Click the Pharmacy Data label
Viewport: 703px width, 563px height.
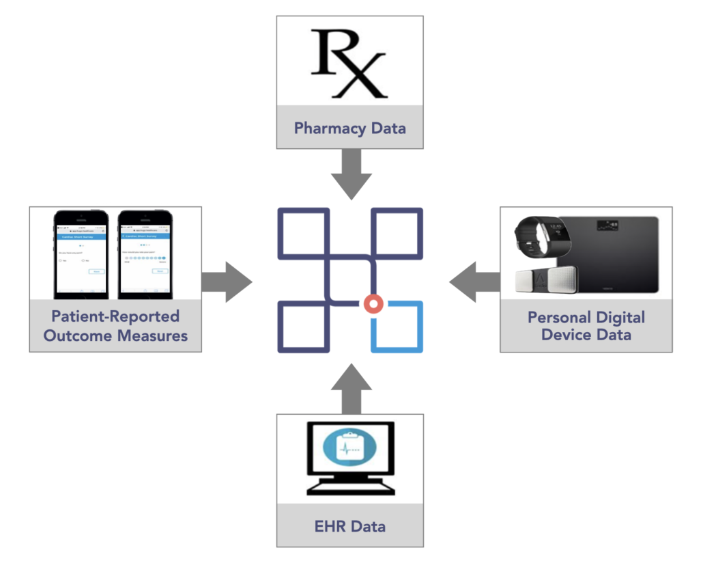click(x=349, y=128)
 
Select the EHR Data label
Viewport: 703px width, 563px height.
click(x=349, y=526)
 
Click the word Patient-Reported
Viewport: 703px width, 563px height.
click(x=115, y=316)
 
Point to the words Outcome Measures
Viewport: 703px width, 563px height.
click(x=115, y=335)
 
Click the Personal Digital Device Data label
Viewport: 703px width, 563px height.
click(x=586, y=326)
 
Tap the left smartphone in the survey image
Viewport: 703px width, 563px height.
click(x=81, y=253)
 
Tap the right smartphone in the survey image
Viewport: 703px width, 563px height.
click(x=145, y=253)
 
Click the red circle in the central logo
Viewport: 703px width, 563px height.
click(x=373, y=303)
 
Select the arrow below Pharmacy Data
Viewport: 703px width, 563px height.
click(x=349, y=175)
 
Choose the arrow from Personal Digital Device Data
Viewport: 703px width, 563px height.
click(x=473, y=281)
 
